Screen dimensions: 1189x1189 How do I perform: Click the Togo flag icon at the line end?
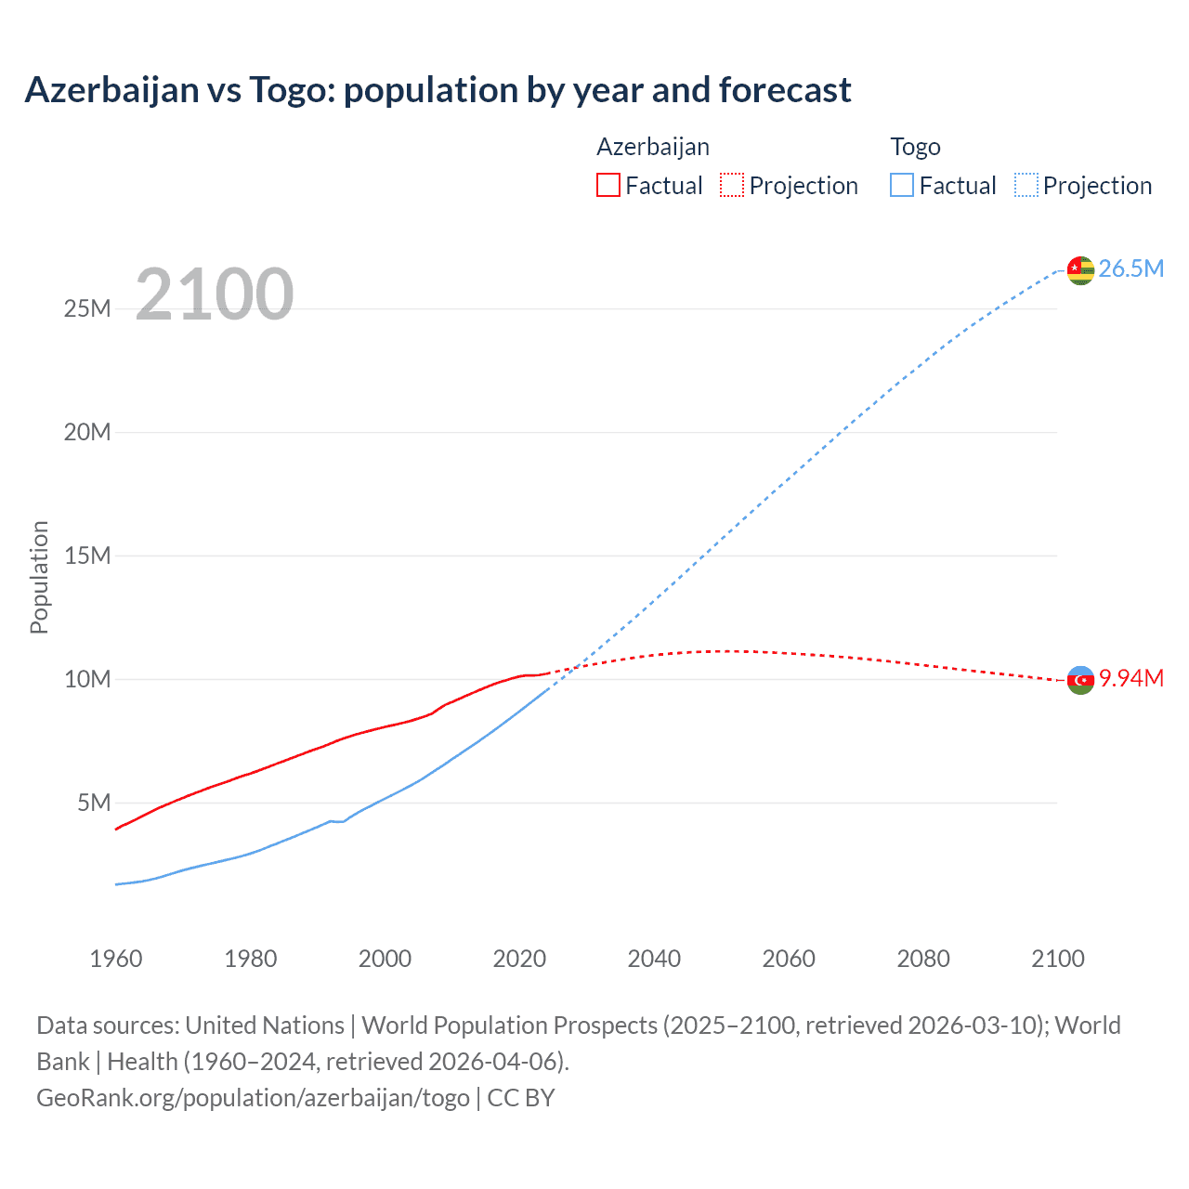point(1080,270)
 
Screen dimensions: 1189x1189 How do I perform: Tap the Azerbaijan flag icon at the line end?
point(1080,680)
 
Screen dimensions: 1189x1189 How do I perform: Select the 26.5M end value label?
point(1130,269)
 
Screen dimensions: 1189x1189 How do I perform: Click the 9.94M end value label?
point(1130,679)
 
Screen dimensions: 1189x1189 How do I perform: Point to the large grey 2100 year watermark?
point(215,294)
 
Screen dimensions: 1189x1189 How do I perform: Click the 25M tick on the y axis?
point(87,308)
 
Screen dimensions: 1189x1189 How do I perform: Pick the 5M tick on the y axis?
point(94,803)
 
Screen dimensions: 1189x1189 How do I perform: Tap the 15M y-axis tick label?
point(87,555)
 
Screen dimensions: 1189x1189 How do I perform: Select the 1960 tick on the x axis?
point(116,959)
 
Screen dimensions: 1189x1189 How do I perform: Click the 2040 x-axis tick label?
point(654,959)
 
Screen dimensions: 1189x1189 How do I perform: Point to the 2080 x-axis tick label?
point(923,959)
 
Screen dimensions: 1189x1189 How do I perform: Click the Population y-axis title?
point(39,577)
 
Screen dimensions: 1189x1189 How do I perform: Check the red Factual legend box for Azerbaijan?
point(608,185)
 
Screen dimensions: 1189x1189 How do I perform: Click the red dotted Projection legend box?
point(732,185)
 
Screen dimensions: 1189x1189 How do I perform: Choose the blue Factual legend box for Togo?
point(902,185)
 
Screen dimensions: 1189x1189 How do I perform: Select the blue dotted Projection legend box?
point(1026,185)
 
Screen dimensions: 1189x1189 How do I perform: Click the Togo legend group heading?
point(915,147)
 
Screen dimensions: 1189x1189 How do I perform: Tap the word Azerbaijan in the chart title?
point(111,90)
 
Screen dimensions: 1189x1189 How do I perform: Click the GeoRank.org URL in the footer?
point(253,1098)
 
